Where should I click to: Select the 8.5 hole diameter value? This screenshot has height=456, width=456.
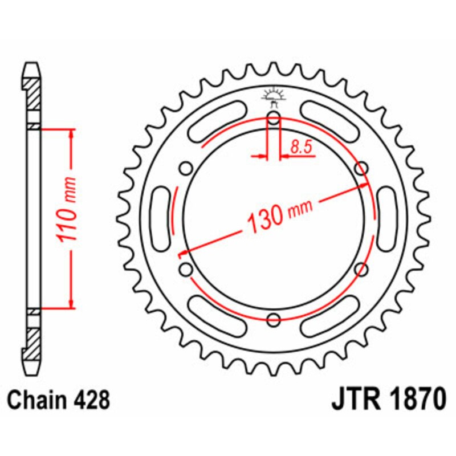(300, 147)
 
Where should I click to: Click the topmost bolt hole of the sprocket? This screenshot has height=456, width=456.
(274, 119)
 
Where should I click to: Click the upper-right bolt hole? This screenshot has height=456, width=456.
(360, 168)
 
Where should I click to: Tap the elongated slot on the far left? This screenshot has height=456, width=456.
(160, 218)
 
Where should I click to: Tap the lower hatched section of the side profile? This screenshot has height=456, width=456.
(33, 340)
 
